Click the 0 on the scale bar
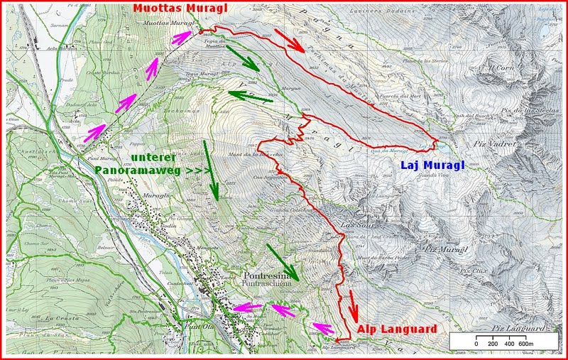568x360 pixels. click(x=476, y=344)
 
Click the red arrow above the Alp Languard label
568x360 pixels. click(x=352, y=303)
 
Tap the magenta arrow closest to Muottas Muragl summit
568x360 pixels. click(x=183, y=38)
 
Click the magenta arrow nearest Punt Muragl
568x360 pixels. click(x=97, y=131)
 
